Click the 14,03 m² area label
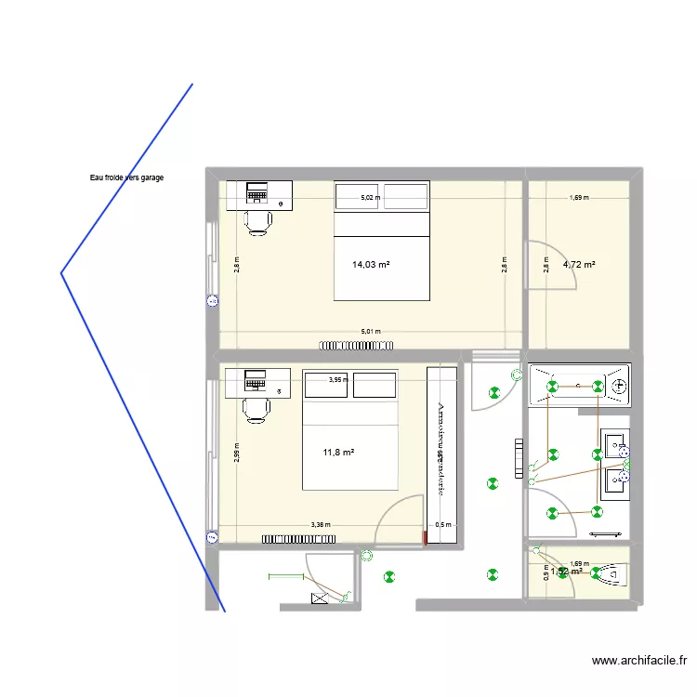coord(371,265)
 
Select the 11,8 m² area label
coord(339,453)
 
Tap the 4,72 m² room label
coord(579,265)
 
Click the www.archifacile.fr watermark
coord(639,662)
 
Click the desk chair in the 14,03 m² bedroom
coord(257,220)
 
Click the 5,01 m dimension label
coord(372,332)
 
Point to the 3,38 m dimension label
coord(321,525)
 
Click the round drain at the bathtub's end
coord(618,385)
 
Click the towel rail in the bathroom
coord(607,534)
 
